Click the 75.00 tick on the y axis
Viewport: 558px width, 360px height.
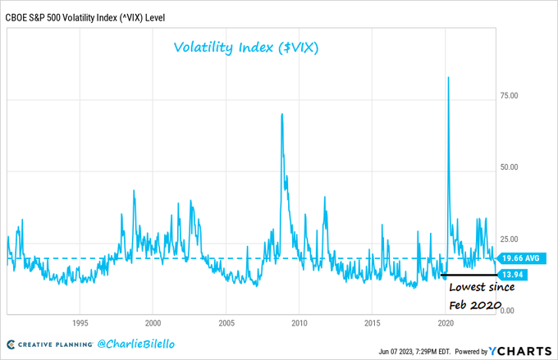pyautogui.click(x=510, y=95)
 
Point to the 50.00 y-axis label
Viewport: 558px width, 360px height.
pyautogui.click(x=510, y=167)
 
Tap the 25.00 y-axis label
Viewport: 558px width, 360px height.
pyautogui.click(x=510, y=239)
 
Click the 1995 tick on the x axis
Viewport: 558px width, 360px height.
pyautogui.click(x=80, y=322)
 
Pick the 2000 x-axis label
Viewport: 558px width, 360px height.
pyautogui.click(x=153, y=322)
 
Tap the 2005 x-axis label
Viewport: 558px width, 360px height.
pyautogui.click(x=226, y=322)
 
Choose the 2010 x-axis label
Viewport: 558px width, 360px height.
pyautogui.click(x=300, y=322)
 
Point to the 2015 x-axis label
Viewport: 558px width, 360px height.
pyautogui.click(x=373, y=322)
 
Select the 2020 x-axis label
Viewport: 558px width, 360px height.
pyautogui.click(x=446, y=322)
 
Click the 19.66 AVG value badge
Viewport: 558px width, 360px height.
pyautogui.click(x=521, y=258)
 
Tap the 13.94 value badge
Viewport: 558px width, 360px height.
pyautogui.click(x=514, y=274)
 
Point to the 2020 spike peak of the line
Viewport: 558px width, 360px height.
pyautogui.click(x=448, y=77)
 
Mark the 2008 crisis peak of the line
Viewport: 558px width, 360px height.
pyautogui.click(x=282, y=114)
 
